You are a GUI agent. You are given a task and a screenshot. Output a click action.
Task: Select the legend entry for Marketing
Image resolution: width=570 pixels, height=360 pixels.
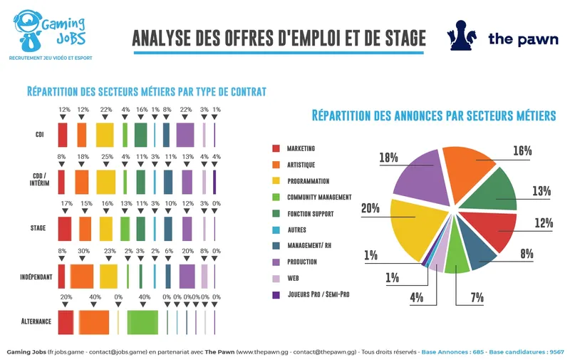300,149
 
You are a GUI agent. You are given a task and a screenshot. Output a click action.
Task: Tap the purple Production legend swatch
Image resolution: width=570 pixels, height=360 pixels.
276,262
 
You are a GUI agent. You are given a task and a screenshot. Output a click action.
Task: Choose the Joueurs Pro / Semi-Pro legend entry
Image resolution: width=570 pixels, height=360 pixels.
318,294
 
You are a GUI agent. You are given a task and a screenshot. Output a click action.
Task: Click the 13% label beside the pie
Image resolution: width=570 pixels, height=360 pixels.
541,191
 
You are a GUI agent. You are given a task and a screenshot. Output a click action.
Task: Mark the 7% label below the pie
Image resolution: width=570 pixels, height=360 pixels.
477,297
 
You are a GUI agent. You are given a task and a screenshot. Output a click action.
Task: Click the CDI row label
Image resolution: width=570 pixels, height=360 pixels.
39,134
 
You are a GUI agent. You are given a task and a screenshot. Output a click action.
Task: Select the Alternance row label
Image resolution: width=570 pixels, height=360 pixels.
36,322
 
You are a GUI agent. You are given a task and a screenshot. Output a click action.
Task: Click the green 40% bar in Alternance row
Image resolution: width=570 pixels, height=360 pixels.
142,322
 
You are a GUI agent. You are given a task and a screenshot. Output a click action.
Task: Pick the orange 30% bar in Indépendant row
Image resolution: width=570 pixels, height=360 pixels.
82,276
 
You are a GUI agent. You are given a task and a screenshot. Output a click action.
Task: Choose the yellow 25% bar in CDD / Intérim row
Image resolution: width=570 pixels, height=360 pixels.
105,181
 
